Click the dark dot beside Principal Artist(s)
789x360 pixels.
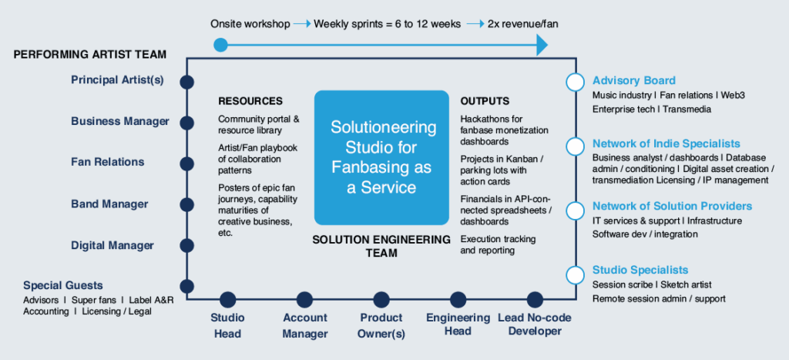click(186, 82)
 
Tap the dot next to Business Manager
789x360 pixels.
click(186, 123)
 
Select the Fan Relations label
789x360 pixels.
click(108, 162)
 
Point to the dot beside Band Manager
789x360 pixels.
click(186, 204)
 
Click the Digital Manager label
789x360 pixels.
click(112, 246)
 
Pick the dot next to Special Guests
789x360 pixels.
click(186, 287)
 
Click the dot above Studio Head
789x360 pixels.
click(227, 300)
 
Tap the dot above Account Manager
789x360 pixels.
click(304, 300)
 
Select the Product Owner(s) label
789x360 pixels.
click(381, 325)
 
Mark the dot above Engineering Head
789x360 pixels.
click(458, 300)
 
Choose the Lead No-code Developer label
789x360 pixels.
click(535, 325)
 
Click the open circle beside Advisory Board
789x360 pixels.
click(575, 82)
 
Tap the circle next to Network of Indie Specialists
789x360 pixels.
click(575, 146)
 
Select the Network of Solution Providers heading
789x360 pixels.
click(672, 206)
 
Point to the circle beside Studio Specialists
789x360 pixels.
click(575, 275)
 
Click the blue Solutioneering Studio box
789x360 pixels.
click(381, 157)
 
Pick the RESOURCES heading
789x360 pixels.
click(250, 101)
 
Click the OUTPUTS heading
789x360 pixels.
click(485, 101)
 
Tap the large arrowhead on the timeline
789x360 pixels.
click(542, 45)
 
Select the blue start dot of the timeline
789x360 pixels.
click(220, 45)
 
